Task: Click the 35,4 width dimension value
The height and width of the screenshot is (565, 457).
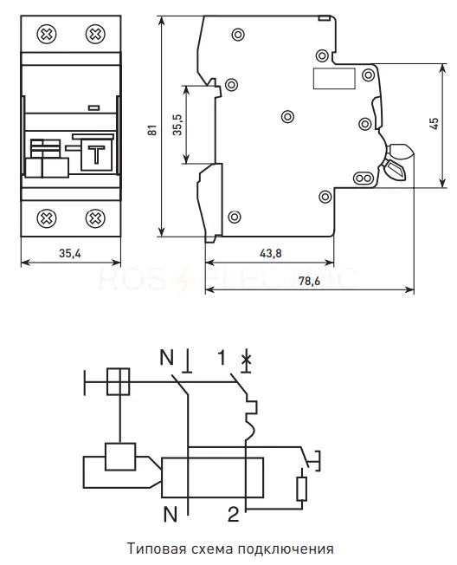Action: (x=70, y=253)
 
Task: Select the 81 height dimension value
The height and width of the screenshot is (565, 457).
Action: (x=152, y=130)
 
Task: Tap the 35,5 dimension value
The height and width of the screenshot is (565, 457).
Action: (x=177, y=125)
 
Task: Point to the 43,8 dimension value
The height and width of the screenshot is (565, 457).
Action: (x=271, y=253)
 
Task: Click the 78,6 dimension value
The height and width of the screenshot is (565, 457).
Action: (x=310, y=281)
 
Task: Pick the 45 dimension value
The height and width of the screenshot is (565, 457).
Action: (x=434, y=124)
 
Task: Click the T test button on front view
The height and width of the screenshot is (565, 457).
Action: (x=97, y=155)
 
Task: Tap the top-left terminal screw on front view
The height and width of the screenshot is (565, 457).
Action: (x=47, y=35)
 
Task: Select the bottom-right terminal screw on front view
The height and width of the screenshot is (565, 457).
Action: (x=95, y=218)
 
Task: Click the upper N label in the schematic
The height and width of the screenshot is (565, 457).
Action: (x=167, y=357)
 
